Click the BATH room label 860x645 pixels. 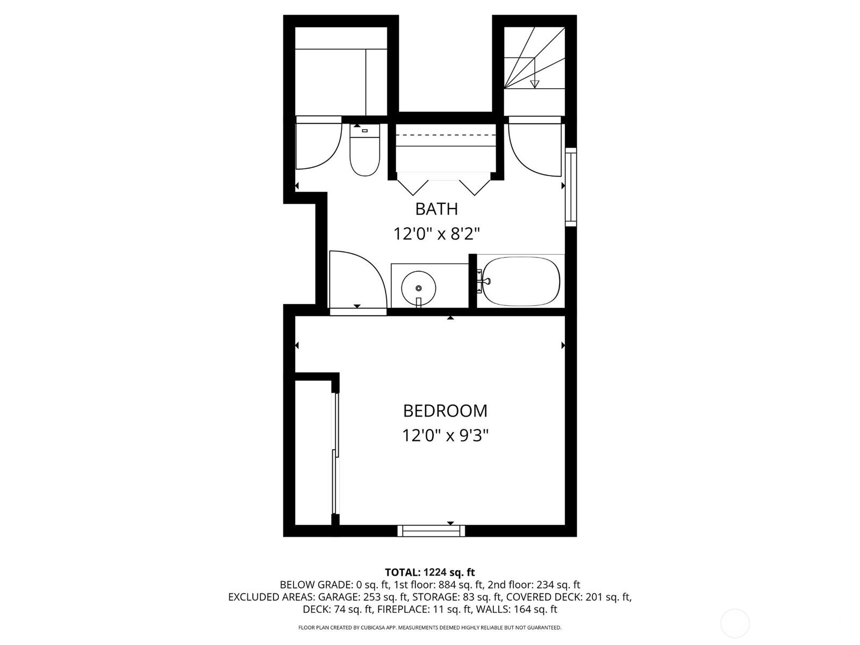click(436, 209)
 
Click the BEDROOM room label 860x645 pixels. click(446, 411)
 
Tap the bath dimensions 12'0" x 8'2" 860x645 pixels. click(437, 234)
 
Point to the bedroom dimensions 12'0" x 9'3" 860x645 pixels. click(446, 435)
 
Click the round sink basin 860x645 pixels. click(418, 288)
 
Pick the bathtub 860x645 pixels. click(521, 281)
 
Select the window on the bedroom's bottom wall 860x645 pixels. click(432, 531)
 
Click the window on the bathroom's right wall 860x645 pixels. click(571, 187)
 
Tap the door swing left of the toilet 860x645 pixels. click(319, 143)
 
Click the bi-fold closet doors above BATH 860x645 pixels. click(444, 187)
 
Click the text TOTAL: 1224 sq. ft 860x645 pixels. click(430, 572)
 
